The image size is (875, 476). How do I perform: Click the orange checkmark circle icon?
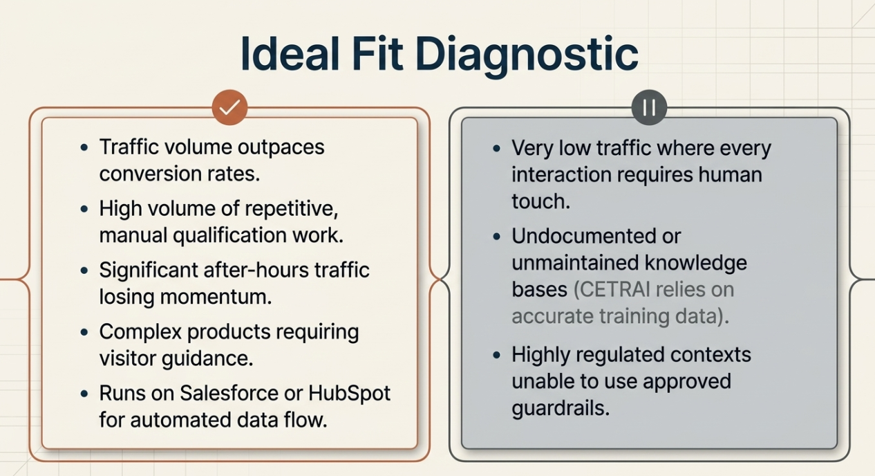tap(229, 107)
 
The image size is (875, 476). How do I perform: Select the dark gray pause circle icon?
tap(649, 108)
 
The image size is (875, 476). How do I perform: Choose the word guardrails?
tap(560, 408)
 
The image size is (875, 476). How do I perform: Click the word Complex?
tap(140, 331)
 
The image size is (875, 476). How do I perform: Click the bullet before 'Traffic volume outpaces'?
tap(84, 147)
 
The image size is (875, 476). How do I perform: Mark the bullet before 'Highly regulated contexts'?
tap(496, 356)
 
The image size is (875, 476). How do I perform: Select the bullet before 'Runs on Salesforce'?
tap(84, 394)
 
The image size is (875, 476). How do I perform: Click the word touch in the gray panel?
tap(539, 201)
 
